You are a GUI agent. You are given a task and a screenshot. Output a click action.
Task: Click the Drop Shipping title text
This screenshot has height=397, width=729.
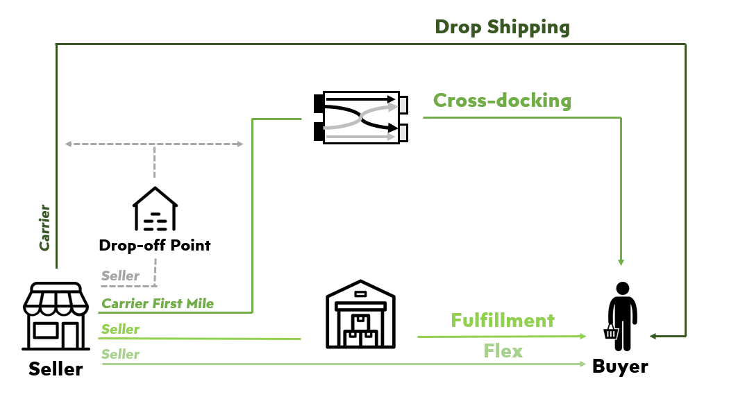(x=502, y=27)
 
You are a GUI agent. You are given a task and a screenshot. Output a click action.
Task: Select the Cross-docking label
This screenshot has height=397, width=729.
(x=502, y=101)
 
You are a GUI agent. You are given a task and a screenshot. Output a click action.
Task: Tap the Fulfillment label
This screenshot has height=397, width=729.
(x=503, y=320)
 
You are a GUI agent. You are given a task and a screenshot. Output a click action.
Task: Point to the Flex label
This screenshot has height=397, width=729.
(x=503, y=350)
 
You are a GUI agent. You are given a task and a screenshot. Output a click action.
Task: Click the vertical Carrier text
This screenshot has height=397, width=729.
(x=44, y=227)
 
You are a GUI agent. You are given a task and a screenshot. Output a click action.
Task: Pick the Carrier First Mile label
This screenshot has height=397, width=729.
(x=158, y=303)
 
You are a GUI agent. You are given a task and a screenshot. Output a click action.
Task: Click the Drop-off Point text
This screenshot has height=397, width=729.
(x=155, y=245)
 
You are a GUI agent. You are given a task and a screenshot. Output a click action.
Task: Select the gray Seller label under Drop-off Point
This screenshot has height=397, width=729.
(x=120, y=276)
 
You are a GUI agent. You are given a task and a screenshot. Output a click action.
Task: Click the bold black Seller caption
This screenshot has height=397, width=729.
(x=56, y=369)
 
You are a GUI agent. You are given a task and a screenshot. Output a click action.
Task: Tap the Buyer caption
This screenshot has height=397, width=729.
(x=620, y=366)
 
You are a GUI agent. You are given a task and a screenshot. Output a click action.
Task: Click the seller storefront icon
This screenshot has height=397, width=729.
(x=56, y=316)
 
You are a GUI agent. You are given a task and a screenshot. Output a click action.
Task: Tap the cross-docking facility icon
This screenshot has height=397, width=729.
(x=361, y=117)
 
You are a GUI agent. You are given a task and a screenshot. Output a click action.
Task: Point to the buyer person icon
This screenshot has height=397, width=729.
(x=621, y=316)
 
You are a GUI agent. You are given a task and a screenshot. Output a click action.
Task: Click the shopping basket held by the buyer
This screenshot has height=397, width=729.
(x=611, y=332)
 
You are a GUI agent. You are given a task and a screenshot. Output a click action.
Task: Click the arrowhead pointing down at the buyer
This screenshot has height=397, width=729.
(x=621, y=262)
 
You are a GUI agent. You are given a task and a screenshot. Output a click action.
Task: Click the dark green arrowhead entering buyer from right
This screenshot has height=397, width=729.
(x=654, y=336)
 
